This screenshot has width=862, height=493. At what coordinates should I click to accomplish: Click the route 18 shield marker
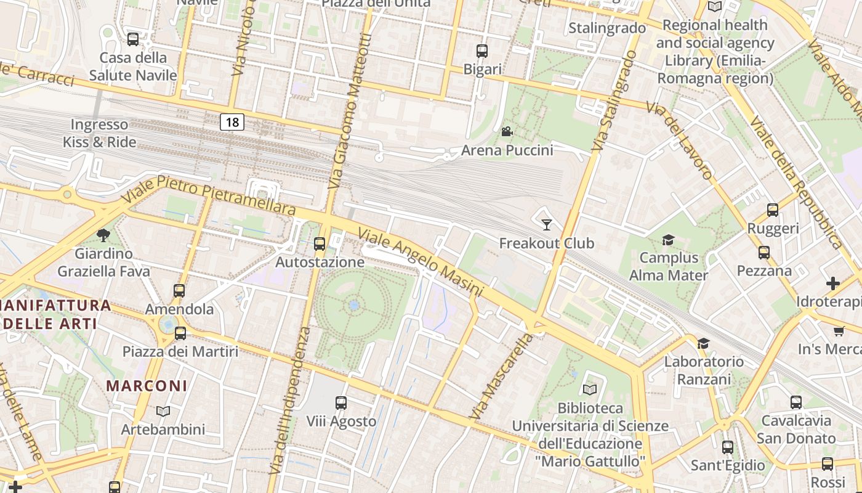232,122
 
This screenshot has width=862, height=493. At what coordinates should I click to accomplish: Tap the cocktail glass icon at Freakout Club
546,224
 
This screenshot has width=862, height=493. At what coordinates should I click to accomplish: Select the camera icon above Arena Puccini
507,131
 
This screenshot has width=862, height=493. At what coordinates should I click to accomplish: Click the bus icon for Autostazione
319,243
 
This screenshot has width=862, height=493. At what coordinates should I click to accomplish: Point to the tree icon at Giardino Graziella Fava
103,235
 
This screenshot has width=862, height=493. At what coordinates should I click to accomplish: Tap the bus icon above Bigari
482,51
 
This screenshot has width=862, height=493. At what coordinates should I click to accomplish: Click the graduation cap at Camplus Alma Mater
668,240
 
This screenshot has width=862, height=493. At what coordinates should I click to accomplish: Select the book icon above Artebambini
163,411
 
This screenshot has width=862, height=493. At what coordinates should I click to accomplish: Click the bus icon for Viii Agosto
341,403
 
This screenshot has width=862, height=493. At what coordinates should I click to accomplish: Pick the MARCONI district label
147,386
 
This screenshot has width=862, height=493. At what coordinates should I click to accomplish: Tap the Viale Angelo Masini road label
421,263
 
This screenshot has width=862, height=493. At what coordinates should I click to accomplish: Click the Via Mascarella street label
501,377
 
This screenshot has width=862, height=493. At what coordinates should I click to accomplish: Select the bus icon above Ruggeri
773,210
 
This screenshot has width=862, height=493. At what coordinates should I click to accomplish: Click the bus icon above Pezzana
764,253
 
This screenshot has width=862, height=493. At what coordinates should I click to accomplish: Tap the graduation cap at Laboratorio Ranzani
703,343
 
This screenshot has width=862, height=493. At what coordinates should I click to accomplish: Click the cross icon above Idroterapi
833,283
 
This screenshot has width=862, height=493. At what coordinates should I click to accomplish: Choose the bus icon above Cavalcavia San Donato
796,402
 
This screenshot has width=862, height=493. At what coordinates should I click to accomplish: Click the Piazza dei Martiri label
180,352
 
